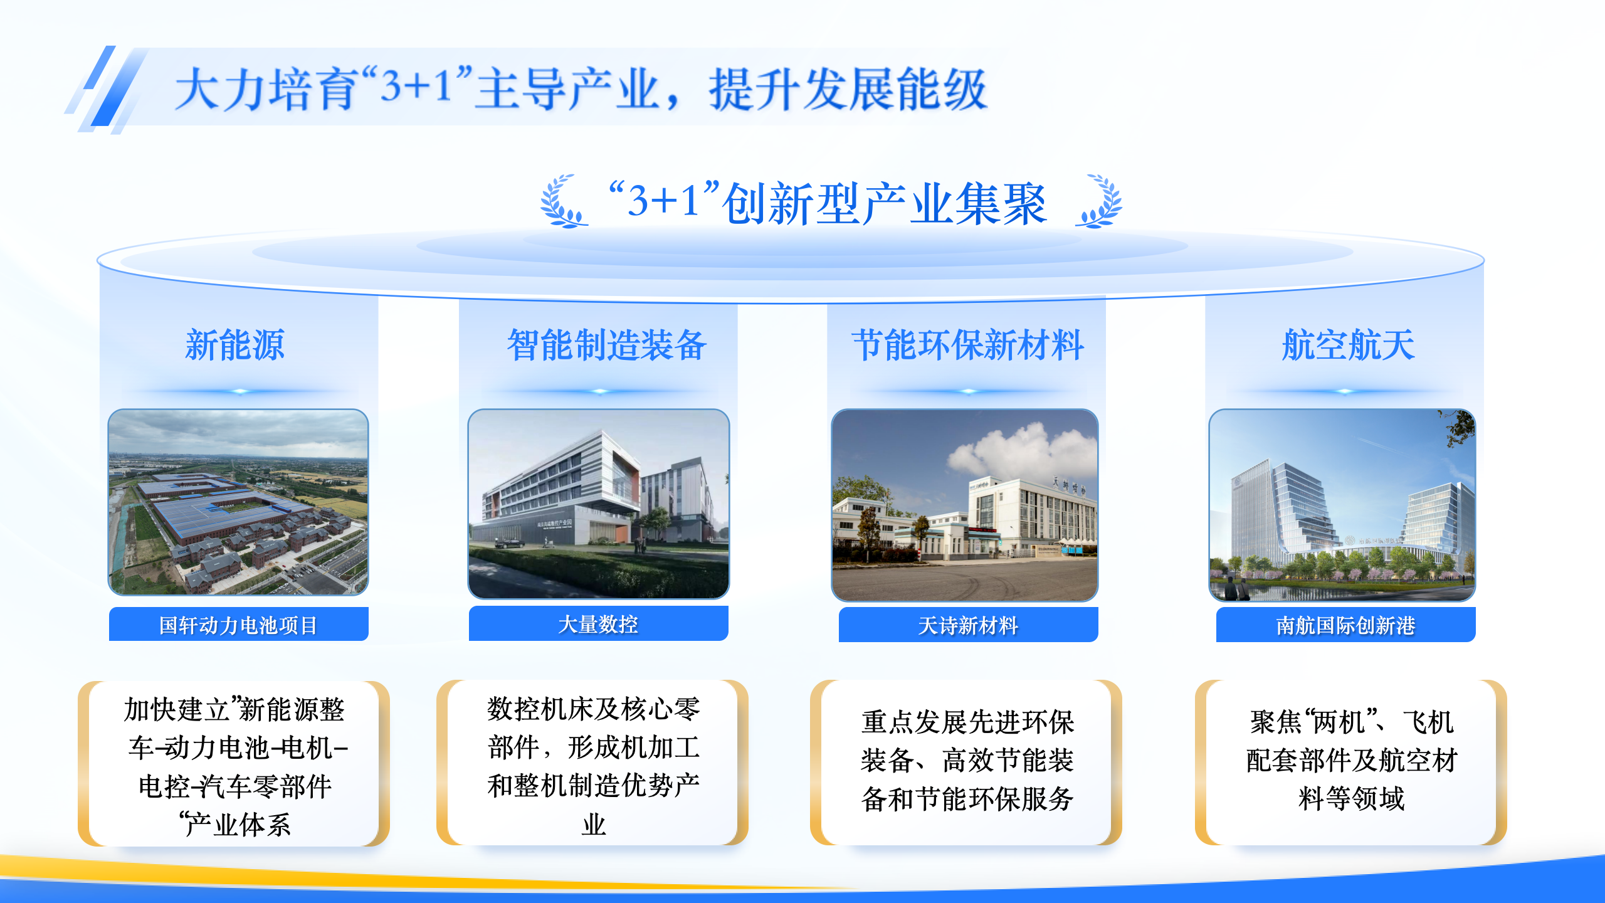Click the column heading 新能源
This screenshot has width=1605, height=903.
coord(235,345)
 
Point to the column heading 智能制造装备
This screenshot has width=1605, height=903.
coord(607,345)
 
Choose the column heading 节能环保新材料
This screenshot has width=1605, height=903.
coord(968,345)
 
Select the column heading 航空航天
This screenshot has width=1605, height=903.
coord(1349,345)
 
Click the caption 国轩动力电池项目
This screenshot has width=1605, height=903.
coord(238,625)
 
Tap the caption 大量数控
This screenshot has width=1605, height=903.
coord(598,624)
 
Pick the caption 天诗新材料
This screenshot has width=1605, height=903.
coord(968,625)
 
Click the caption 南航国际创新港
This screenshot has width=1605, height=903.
coord(1345,625)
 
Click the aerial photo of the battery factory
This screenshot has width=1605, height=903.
coord(238,502)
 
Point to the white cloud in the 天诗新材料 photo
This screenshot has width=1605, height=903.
coord(1022,449)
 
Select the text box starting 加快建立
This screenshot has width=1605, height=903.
coord(234,763)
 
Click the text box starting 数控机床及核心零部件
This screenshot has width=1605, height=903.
coord(592,763)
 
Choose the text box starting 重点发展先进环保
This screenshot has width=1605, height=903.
coord(966,763)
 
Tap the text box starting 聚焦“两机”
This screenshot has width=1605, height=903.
coord(1351,763)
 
